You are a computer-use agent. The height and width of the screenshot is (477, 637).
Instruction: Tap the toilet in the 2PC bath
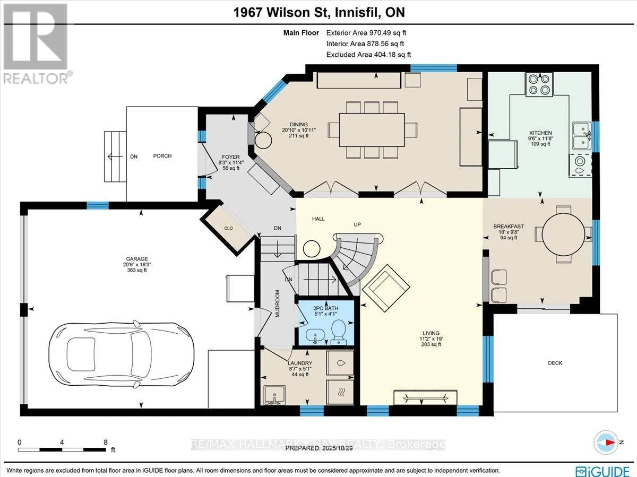click(338, 332)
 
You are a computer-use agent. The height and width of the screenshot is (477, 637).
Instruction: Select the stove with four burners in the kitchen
click(539, 84)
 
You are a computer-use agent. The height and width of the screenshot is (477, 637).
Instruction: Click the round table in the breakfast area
click(563, 235)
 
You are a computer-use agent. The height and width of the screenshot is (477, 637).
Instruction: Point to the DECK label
click(555, 363)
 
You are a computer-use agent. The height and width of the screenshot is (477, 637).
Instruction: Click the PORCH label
click(162, 156)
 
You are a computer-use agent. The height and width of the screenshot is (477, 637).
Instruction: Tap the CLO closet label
click(228, 228)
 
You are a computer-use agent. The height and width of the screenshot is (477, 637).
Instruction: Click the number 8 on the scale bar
click(105, 442)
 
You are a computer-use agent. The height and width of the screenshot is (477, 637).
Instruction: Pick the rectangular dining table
click(372, 130)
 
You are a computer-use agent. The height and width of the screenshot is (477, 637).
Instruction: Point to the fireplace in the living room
click(425, 398)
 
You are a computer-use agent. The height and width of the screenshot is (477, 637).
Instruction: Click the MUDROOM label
click(277, 303)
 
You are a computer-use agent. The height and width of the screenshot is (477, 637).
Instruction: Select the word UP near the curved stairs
click(357, 225)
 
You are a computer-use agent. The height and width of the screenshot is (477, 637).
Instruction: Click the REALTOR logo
click(37, 44)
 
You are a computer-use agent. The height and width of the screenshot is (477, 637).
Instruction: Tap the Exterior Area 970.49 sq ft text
click(366, 33)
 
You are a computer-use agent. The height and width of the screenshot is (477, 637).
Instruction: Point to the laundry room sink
click(274, 395)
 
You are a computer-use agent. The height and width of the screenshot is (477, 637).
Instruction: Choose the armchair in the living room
click(386, 288)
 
